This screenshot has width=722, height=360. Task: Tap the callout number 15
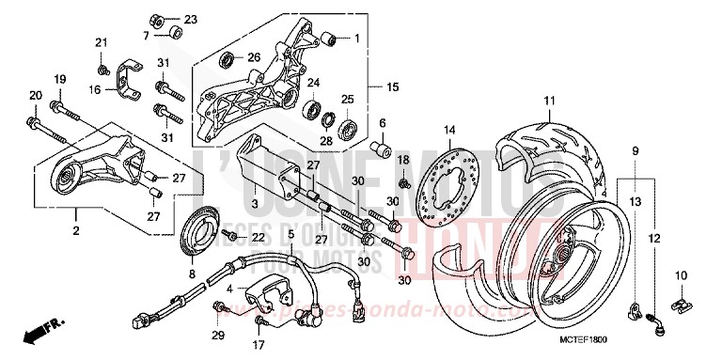coord(392,86)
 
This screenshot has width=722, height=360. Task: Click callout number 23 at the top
coord(192,20)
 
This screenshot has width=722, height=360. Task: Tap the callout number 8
coord(192,274)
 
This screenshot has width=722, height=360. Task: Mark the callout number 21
coord(102,42)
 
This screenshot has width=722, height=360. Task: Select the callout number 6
coord(383,123)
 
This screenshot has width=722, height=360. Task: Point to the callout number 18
coord(403,161)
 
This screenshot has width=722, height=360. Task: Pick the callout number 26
coord(253,57)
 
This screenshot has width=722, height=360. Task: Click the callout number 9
coord(636,151)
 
